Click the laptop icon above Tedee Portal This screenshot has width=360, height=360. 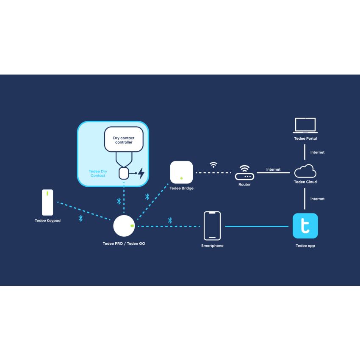pos(305,125)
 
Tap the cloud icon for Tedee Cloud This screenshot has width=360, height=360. pos(305,172)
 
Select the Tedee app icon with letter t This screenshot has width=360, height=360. pos(305,226)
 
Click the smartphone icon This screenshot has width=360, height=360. pos(212,226)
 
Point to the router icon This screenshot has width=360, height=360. pos(244,173)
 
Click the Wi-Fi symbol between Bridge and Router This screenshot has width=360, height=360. pos(214,164)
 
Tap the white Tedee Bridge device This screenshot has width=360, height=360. pos(181,172)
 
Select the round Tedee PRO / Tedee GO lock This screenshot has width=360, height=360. pos(124,226)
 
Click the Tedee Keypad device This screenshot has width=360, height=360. pos(47,202)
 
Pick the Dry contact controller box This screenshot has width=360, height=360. pos(124,139)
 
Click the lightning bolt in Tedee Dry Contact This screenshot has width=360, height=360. pos(141,173)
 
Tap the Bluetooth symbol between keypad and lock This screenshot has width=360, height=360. pos(80,219)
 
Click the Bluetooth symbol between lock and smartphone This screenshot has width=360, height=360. pos(170,220)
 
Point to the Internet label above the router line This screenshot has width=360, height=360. pos(273,169)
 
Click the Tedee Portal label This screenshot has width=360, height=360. pos(305,138)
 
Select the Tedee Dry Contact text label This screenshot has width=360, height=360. pos(98,173)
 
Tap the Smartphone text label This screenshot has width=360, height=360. pos(212,246)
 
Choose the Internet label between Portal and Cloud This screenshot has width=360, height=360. pos(317,152)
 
